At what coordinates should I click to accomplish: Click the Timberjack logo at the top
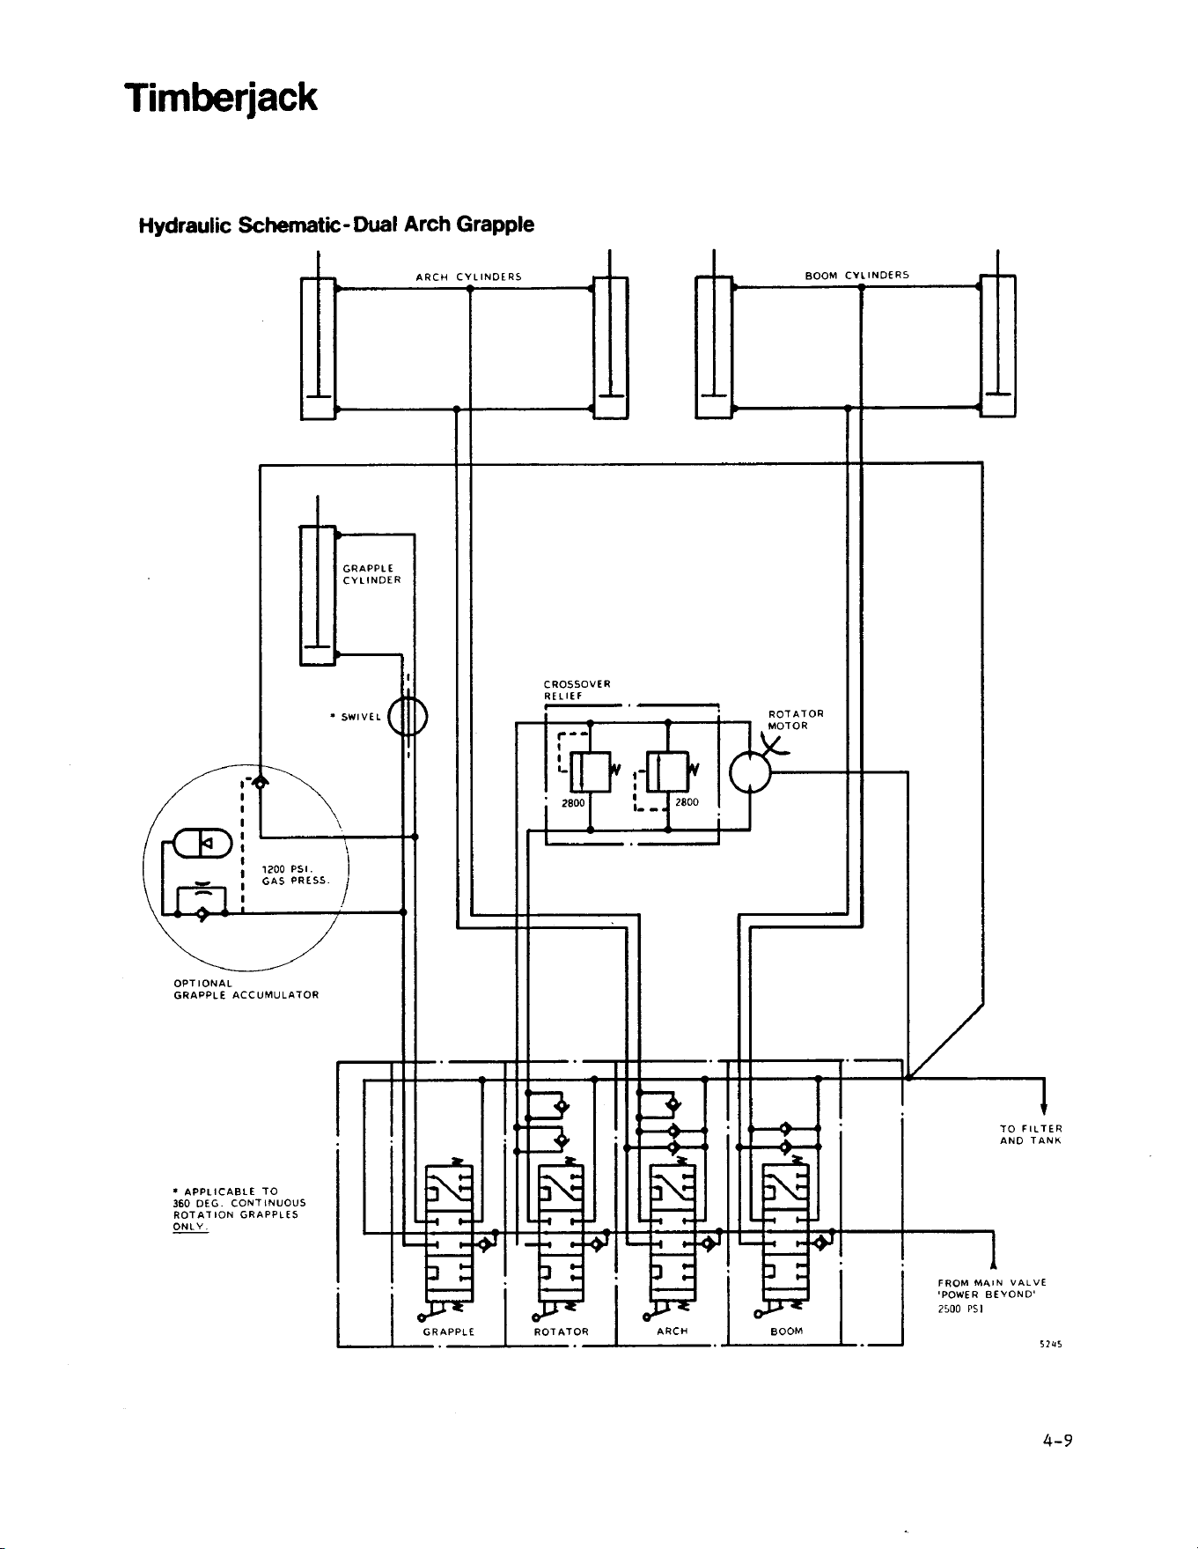click(220, 98)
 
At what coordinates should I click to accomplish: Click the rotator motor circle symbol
click(750, 773)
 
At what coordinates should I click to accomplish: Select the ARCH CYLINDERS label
click(469, 277)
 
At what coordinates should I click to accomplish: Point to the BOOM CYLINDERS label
click(857, 276)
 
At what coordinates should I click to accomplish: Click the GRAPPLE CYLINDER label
click(371, 574)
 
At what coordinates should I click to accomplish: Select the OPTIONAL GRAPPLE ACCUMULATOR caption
click(246, 989)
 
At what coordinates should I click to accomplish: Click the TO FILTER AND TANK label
click(1031, 1134)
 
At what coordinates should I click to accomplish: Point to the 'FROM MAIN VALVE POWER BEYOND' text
click(991, 1289)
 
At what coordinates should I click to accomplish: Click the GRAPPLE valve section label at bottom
click(449, 1331)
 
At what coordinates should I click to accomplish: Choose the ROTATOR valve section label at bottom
click(562, 1331)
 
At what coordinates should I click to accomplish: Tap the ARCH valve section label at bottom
click(672, 1331)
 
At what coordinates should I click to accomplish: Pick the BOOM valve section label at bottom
click(786, 1331)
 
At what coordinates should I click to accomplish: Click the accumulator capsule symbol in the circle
click(203, 844)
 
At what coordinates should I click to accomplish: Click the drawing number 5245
click(1049, 1345)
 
